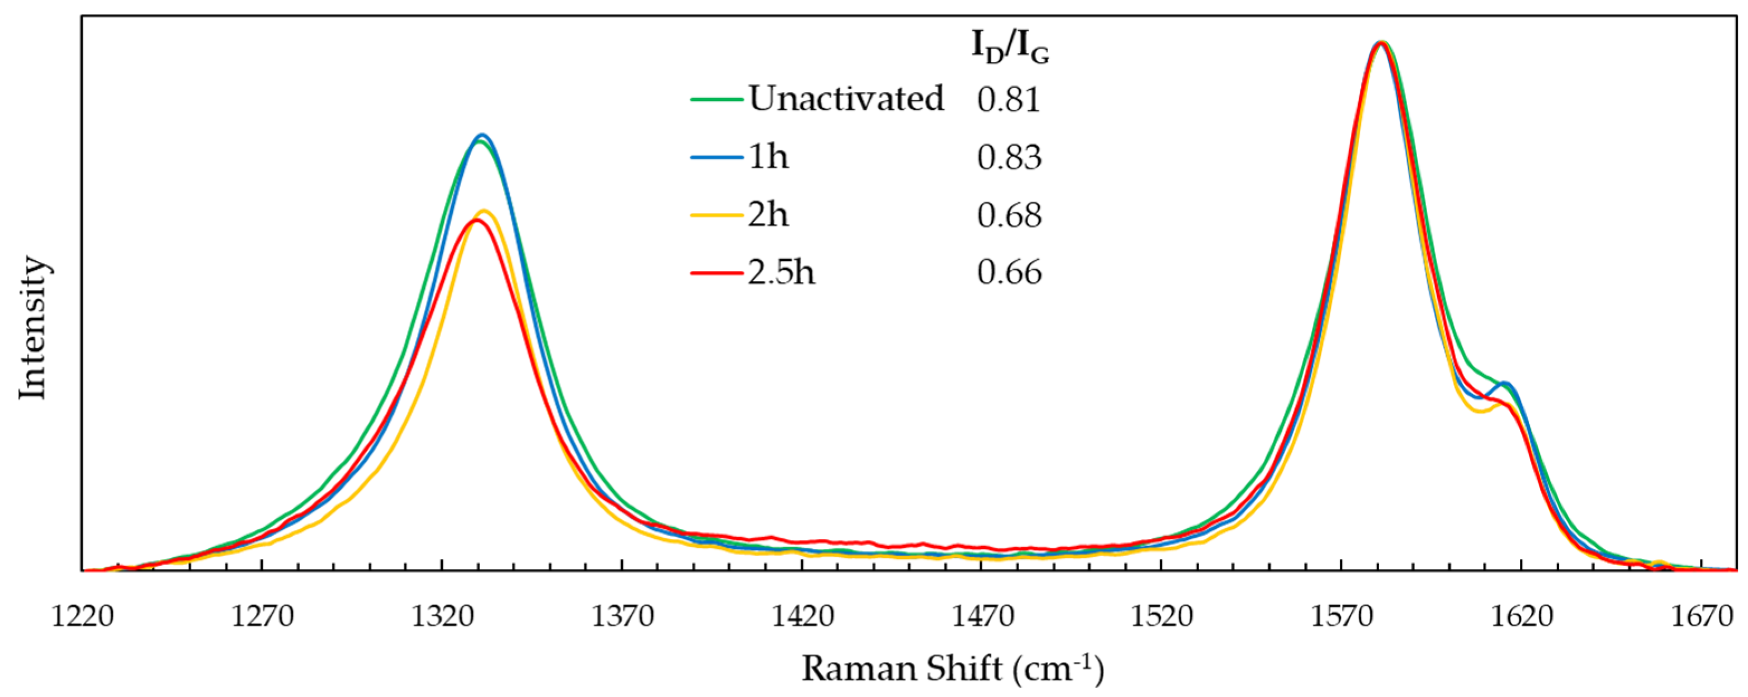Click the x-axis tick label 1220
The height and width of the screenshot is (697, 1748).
[82, 617]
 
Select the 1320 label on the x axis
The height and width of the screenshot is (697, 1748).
[442, 617]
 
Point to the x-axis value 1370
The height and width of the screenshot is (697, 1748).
[622, 617]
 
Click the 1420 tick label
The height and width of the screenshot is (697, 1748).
[802, 617]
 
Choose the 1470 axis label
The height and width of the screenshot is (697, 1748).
[982, 617]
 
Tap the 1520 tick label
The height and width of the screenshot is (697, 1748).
[1162, 617]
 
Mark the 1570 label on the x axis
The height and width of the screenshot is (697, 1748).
[1342, 617]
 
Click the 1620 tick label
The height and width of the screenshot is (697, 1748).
[1522, 617]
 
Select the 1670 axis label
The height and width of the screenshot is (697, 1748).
[1701, 617]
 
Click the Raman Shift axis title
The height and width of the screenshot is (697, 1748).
[953, 669]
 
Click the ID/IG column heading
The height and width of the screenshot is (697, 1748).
[1010, 48]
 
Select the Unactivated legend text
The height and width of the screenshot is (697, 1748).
[846, 99]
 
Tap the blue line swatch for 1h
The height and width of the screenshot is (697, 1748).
[717, 157]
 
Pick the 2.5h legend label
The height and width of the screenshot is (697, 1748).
[781, 273]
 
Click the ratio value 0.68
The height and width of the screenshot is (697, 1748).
[1009, 215]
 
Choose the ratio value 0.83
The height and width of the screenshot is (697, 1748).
[1009, 157]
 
